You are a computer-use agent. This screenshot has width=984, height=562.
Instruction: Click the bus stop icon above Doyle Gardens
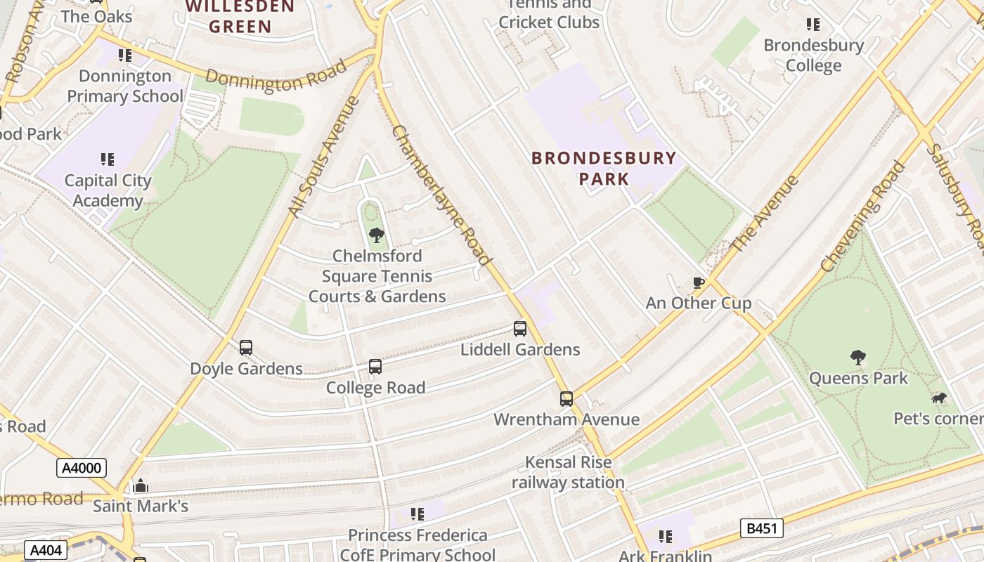pos(246,347)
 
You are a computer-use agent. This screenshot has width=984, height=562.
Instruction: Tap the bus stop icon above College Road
pos(375,366)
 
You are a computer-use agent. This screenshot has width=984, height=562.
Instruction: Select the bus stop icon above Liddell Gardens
pos(520,328)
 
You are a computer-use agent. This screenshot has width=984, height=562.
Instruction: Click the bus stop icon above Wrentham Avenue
pos(567,398)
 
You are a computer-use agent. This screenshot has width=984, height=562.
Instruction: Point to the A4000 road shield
pos(82,468)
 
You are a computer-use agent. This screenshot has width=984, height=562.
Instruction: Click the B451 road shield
pos(762,528)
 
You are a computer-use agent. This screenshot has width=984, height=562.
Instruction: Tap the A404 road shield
pos(46,550)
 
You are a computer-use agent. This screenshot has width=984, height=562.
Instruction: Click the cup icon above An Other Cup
pos(698,282)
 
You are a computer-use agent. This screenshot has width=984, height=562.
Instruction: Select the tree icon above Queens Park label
pos(857,358)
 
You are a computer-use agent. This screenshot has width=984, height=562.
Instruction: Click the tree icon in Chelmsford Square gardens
pos(377,235)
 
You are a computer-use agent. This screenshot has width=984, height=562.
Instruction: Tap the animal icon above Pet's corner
pos(938,398)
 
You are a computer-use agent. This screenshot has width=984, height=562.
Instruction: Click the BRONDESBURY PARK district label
pos(604,168)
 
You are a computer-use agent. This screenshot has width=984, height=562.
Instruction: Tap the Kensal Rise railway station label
pos(568,472)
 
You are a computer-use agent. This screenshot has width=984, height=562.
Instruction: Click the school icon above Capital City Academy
pos(108,159)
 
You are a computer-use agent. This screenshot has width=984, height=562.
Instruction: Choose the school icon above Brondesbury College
pos(813,25)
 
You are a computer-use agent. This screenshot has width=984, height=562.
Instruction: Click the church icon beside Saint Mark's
pos(141,485)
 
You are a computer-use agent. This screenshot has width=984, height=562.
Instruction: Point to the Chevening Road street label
pos(863,216)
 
